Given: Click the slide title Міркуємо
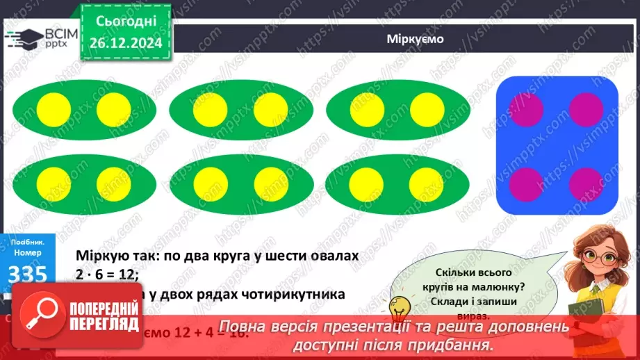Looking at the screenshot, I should [x=415, y=39].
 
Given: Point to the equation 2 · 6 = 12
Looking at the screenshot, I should [x=108, y=275].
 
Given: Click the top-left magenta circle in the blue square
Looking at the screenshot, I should [x=525, y=109].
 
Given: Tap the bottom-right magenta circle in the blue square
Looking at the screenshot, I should [x=586, y=184].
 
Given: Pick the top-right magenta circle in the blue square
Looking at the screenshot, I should [x=586, y=109].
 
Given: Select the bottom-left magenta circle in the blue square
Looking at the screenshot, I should [x=525, y=184].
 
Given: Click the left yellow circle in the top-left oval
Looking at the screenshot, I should [x=54, y=109].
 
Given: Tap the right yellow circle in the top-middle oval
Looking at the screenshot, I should [x=270, y=109].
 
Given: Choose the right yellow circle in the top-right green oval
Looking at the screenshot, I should [x=427, y=109].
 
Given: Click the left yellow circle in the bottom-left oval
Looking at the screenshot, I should [x=54, y=184].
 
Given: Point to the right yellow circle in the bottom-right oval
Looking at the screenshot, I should [x=427, y=184].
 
